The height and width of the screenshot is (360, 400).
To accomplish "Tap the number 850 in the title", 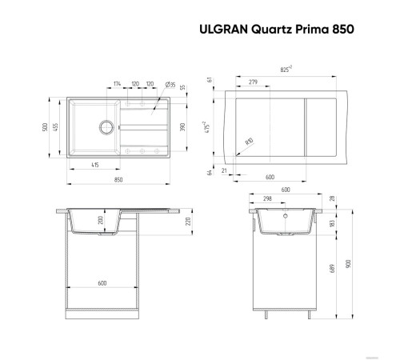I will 342,27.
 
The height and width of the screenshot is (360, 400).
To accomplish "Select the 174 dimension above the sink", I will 118,83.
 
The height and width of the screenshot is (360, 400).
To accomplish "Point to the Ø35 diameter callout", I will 170,84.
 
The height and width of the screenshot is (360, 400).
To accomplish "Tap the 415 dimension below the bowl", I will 94,164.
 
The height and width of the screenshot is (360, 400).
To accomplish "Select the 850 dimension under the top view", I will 118,180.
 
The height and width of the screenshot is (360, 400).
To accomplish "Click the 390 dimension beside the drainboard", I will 182,128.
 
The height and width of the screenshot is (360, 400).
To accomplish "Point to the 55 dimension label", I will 182,87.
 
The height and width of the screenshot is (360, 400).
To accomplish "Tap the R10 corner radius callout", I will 248,142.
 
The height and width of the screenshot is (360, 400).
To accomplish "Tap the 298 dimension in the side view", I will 267,198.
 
